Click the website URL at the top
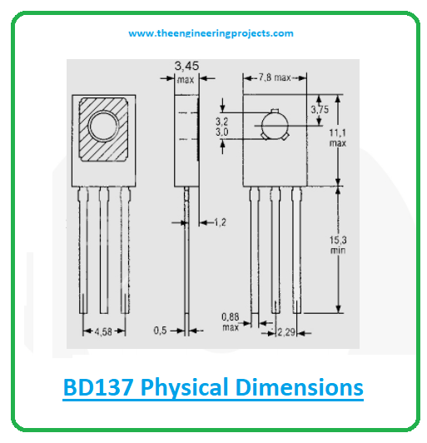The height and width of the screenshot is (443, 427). pos(211,33)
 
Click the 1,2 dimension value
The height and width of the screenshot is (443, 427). pos(221,222)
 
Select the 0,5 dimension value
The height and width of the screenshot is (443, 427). pos(161,331)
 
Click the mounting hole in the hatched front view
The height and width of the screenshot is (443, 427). pos(105,127)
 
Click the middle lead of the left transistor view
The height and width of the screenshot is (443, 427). pos(105,250)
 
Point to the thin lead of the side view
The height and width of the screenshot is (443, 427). pos(188,258)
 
